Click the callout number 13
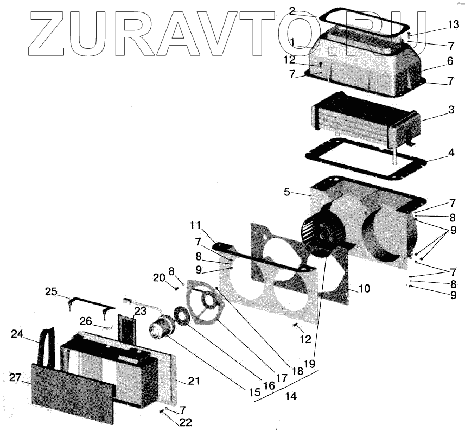453,26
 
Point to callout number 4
451,154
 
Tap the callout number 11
196,225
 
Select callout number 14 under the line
291,397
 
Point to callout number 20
158,278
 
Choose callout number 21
194,382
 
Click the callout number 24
17,334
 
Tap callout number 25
51,292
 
